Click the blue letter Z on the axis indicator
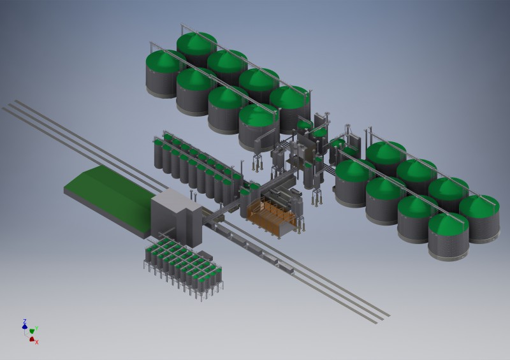point(25,321)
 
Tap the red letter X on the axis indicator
point(37,342)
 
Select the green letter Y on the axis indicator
point(37,328)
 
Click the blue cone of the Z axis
point(24,326)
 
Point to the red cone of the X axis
point(32,339)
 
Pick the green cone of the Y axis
point(31,331)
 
